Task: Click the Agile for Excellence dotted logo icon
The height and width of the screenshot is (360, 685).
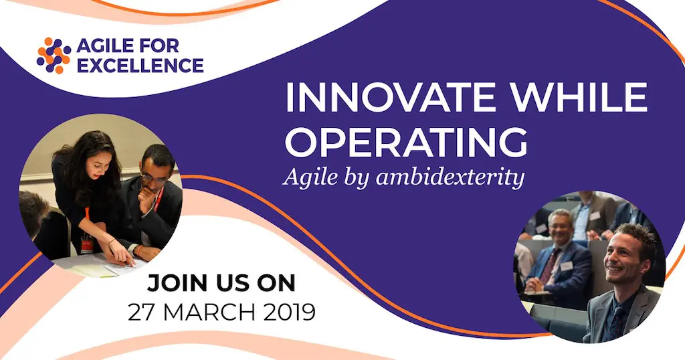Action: [x=54, y=56]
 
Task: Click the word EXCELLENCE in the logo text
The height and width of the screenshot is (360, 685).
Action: [x=140, y=66]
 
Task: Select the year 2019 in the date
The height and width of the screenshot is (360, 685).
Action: [x=289, y=312]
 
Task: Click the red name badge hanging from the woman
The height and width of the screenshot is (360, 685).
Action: [x=87, y=244]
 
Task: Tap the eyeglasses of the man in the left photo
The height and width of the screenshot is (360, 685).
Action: [x=154, y=179]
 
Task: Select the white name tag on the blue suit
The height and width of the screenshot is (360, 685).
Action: [x=567, y=266]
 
